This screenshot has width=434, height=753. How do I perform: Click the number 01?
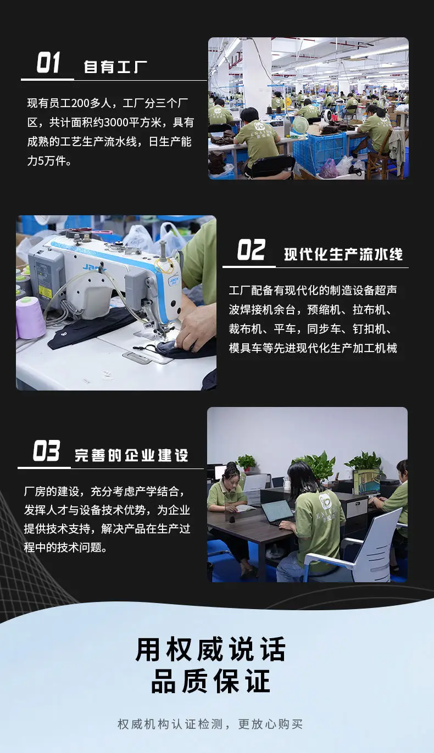click(x=48, y=63)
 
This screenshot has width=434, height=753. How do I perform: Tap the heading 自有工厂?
click(x=115, y=67)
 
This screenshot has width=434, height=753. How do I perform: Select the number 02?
click(x=252, y=250)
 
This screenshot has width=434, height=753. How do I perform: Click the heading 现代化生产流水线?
click(x=343, y=254)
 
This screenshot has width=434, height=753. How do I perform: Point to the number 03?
click(x=46, y=450)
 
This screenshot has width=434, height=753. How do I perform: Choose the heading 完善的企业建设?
click(x=131, y=455)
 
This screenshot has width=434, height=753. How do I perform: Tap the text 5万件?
click(x=53, y=161)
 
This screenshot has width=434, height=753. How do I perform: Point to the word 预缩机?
click(x=324, y=310)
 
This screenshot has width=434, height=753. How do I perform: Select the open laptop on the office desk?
click(x=277, y=512)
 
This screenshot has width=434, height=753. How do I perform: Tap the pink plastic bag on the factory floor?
click(x=328, y=169)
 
